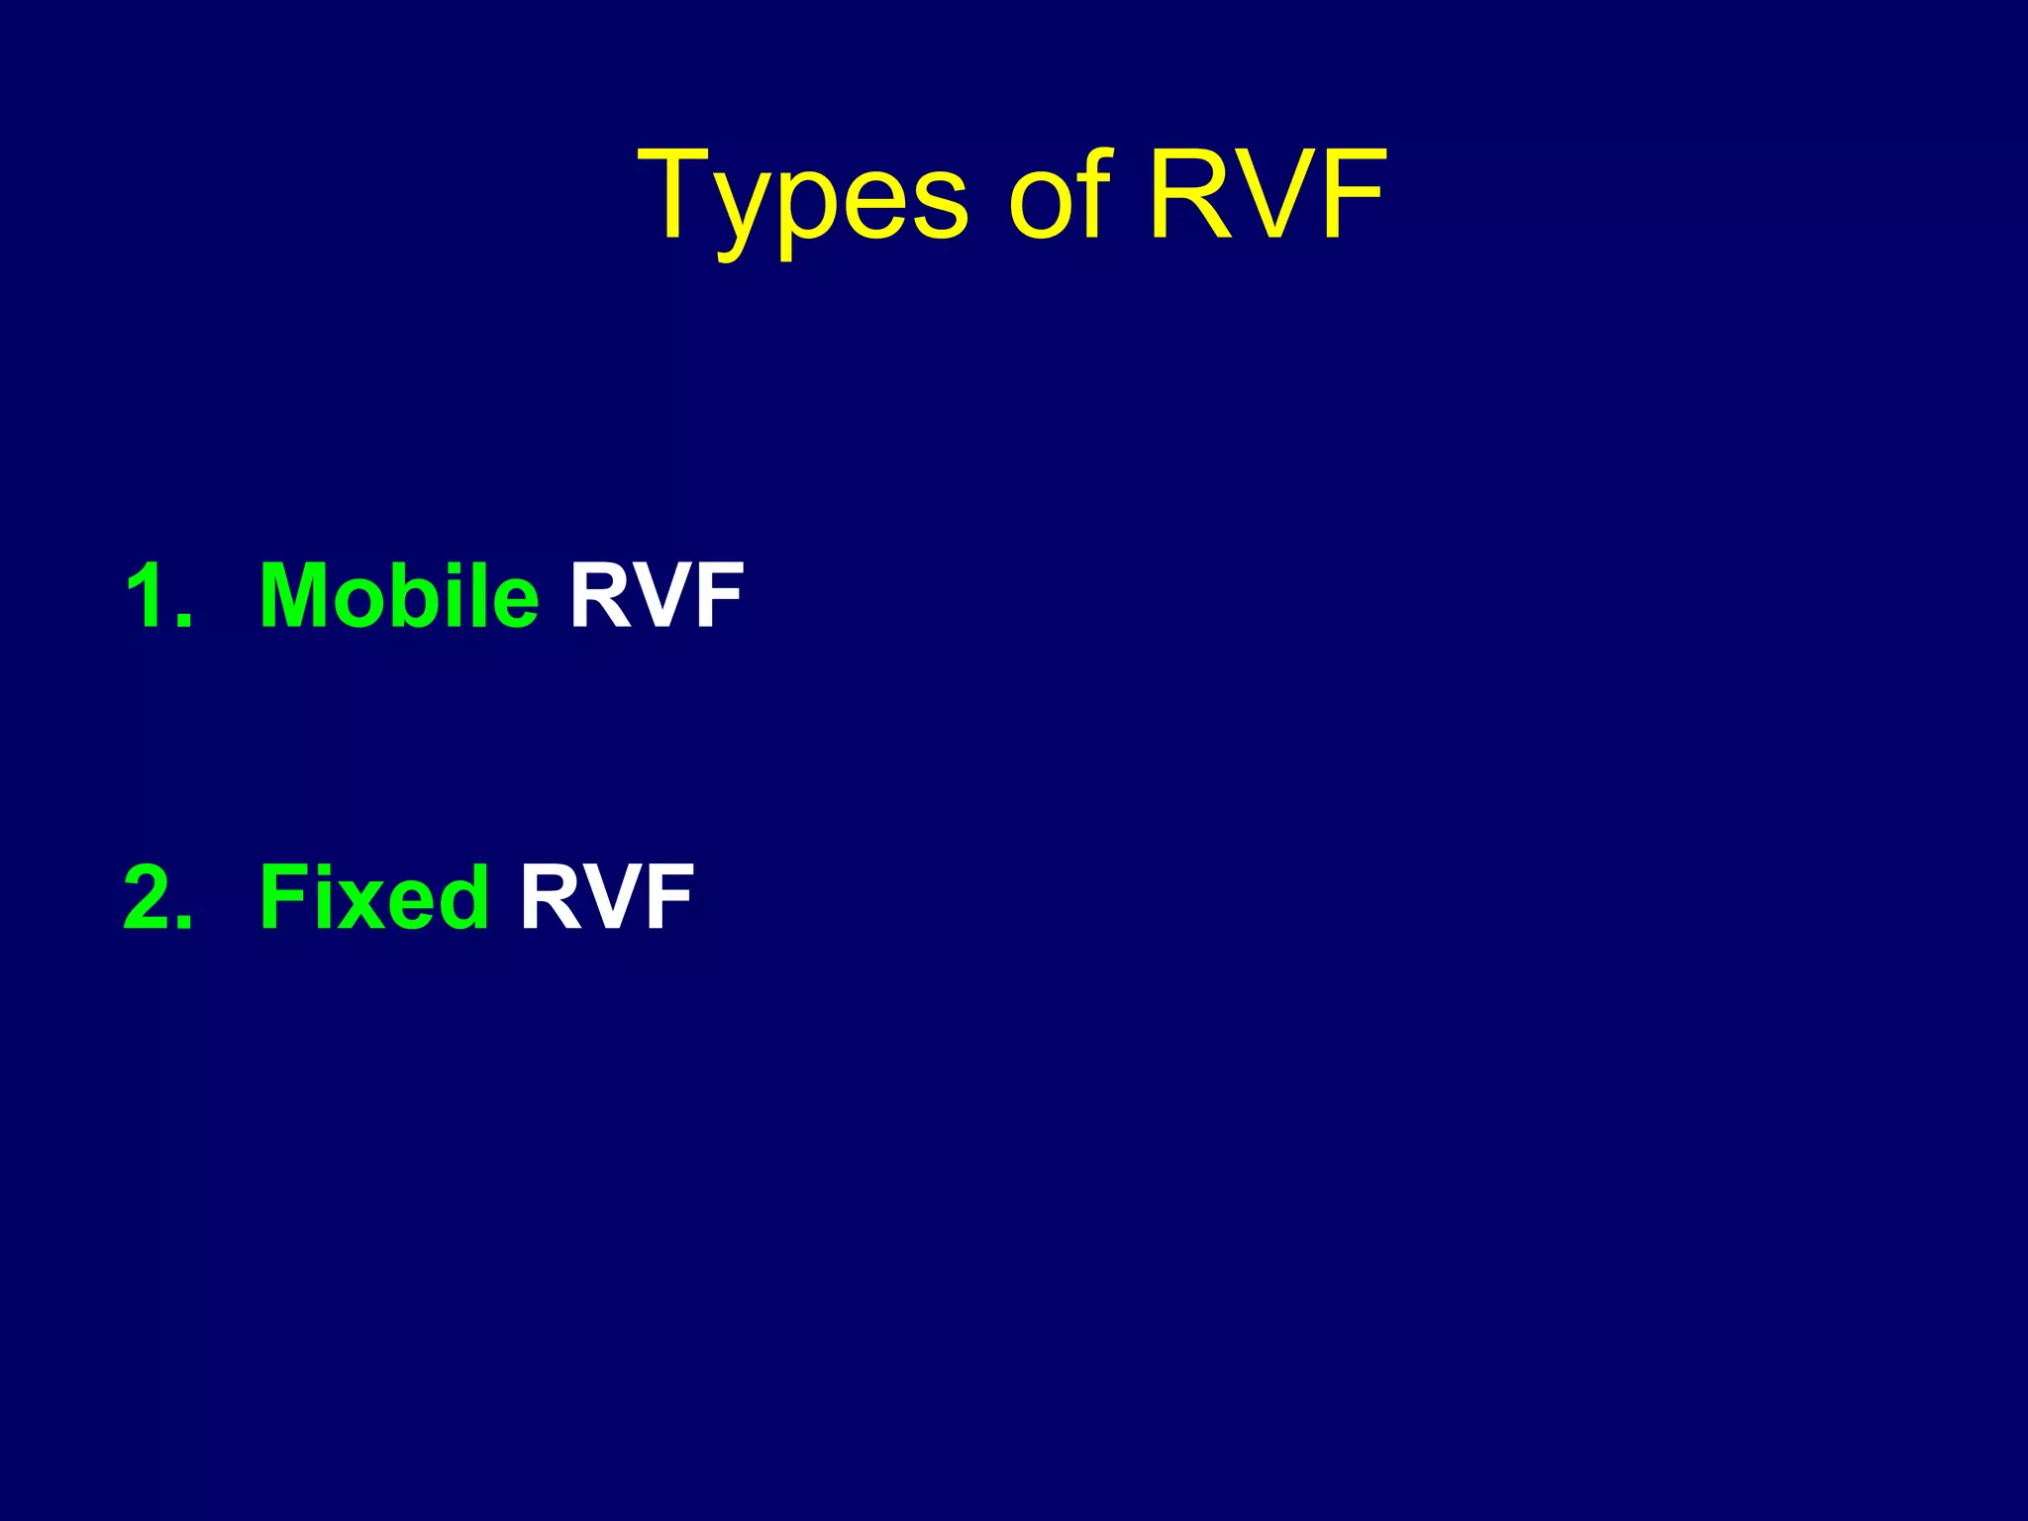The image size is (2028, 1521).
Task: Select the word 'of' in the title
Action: tap(1059, 195)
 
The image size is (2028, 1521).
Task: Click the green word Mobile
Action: tap(399, 595)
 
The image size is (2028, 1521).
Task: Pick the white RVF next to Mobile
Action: tap(656, 595)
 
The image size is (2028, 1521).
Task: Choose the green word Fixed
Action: tap(373, 897)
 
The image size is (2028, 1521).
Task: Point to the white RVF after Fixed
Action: tap(606, 897)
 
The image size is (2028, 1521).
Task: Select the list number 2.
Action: tap(156, 897)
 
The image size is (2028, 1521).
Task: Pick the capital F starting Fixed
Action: tap(280, 897)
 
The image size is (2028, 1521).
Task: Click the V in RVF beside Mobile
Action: tap(658, 595)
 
